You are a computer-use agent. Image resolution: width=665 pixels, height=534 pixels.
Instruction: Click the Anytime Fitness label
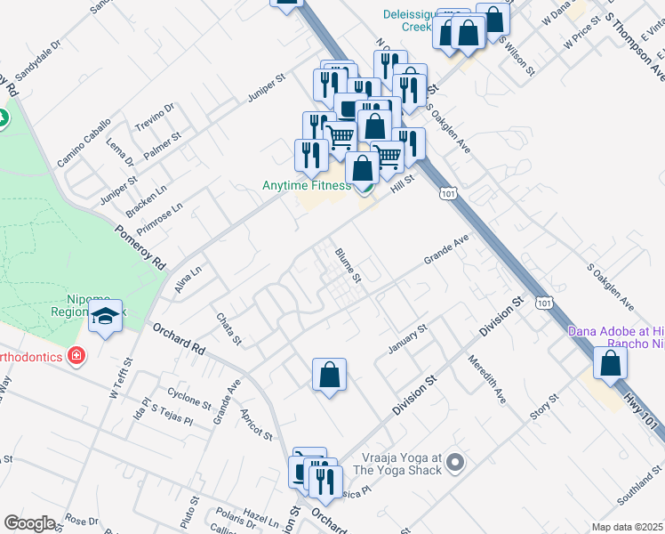pyautogui.click(x=306, y=185)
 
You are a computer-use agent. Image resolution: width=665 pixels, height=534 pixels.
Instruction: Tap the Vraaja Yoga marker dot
pyautogui.click(x=455, y=462)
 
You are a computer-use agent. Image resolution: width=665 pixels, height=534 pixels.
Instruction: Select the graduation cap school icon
pyautogui.click(x=106, y=315)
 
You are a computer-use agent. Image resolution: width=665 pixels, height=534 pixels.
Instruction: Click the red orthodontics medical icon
pyautogui.click(x=77, y=356)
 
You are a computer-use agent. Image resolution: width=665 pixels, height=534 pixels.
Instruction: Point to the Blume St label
pyautogui.click(x=348, y=265)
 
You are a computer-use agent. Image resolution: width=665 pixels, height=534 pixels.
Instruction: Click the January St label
pyautogui.click(x=408, y=337)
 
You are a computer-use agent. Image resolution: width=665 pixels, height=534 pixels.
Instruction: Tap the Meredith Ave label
pyautogui.click(x=487, y=380)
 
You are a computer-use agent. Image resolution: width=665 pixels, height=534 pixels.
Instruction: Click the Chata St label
pyautogui.click(x=228, y=328)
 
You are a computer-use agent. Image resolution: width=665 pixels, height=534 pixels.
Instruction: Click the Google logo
pyautogui.click(x=30, y=522)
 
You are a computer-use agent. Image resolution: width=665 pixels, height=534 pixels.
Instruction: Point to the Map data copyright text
pyautogui.click(x=628, y=527)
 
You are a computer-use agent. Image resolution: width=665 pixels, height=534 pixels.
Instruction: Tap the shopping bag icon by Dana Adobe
pyautogui.click(x=610, y=362)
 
